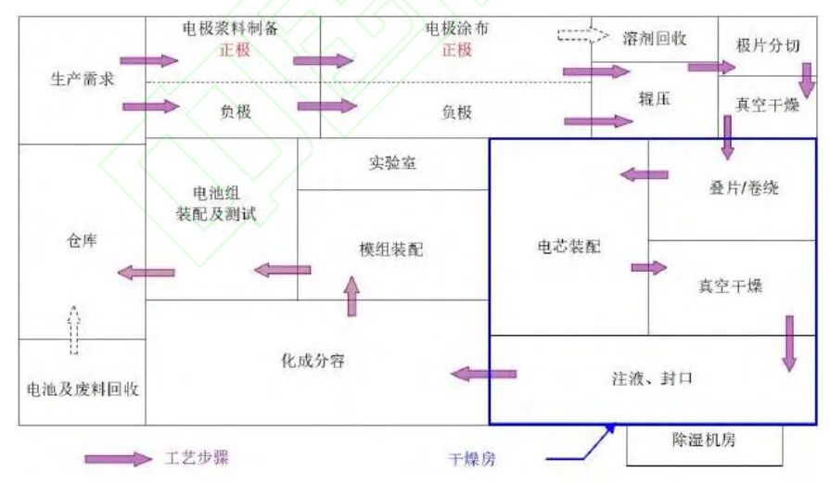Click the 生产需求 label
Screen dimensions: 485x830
pos(81,79)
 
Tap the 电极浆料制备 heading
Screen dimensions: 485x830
pos(229,29)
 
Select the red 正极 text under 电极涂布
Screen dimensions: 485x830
pos(457,49)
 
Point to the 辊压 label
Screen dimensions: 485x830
pos(654,97)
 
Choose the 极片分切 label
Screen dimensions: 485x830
pos(767,46)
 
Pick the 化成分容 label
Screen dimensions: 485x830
pos(313,360)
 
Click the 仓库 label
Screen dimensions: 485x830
pos(81,240)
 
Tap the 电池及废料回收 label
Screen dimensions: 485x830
pos(83,389)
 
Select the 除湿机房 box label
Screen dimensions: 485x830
pos(704,440)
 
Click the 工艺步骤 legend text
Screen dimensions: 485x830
pos(197,458)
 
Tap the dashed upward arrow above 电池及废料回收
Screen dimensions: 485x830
pos(75,329)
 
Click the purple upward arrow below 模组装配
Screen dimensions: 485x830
pos(351,295)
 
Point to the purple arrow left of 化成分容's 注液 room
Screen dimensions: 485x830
pos(483,375)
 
